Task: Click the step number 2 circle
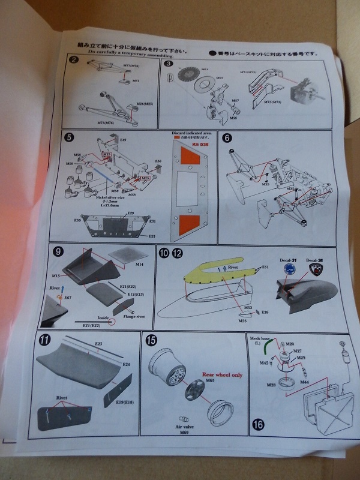point(73,59)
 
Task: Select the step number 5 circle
point(70,137)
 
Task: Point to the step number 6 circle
point(226,137)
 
